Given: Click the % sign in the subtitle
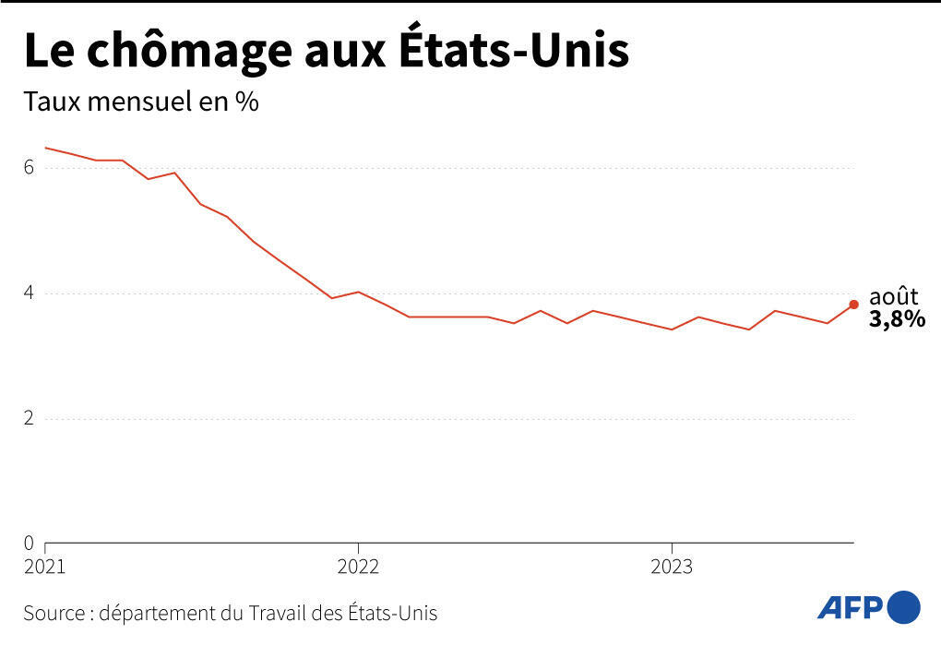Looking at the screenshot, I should (x=246, y=102).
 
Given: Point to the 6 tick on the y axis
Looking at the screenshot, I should (x=30, y=168).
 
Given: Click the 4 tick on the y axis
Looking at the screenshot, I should (x=30, y=293).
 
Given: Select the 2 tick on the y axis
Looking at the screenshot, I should (x=30, y=418).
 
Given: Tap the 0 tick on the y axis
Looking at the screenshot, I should (x=30, y=543).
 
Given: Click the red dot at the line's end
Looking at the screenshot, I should (x=853, y=305).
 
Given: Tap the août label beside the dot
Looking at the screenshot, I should (x=894, y=297).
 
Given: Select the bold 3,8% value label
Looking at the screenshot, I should (x=897, y=320).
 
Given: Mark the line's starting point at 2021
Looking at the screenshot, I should (x=45, y=148).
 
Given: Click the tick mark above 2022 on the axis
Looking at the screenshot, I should (x=358, y=547).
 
